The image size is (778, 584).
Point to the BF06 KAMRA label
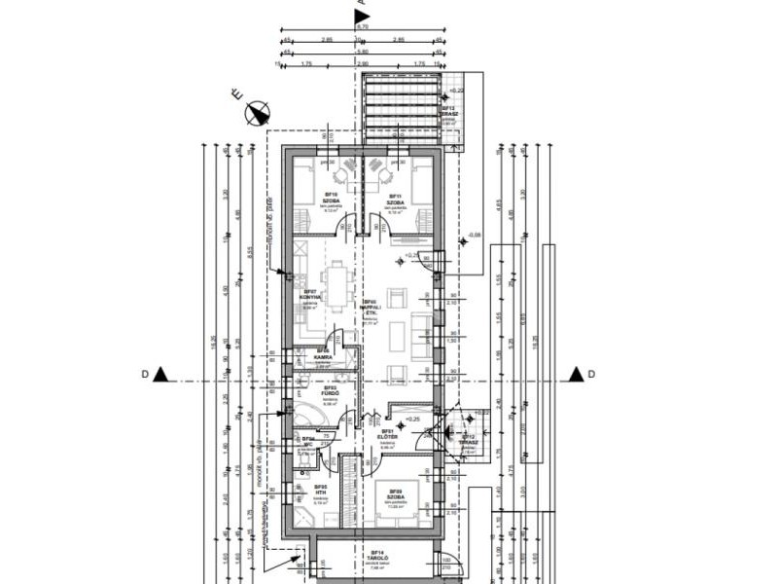[x=324, y=355]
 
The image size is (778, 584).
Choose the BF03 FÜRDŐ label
[x=330, y=392]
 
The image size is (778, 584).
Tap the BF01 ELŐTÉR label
[x=387, y=436]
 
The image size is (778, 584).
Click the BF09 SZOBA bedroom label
[x=396, y=495]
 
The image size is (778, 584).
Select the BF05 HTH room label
[x=320, y=491]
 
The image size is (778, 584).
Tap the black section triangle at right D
[x=576, y=374]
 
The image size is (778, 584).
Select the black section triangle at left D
[x=161, y=374]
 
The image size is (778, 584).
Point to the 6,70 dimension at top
[x=363, y=27]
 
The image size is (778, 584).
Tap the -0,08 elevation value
[x=475, y=235]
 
